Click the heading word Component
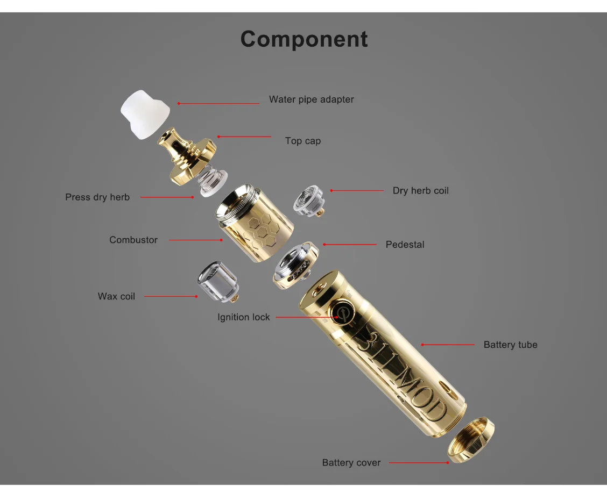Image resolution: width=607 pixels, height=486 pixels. click(x=304, y=39)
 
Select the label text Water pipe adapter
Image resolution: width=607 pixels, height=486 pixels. click(x=311, y=100)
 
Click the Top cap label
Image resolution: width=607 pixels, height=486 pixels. click(x=303, y=141)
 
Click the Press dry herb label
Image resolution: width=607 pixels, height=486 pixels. click(x=97, y=197)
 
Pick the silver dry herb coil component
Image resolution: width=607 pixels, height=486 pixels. click(x=308, y=201)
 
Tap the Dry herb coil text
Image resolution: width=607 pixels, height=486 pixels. click(x=420, y=191)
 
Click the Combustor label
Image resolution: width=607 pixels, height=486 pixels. click(x=133, y=240)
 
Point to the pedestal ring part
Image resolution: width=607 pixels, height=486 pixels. click(x=295, y=265)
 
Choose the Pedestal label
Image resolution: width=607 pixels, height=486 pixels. click(x=405, y=245)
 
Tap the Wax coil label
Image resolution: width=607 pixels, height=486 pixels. click(x=116, y=297)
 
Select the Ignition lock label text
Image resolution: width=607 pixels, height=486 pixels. click(x=243, y=317)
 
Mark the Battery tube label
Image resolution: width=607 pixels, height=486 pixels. click(x=510, y=345)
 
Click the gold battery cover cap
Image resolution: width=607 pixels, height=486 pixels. click(x=471, y=439)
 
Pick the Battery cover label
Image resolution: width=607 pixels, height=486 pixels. click(x=351, y=463)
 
